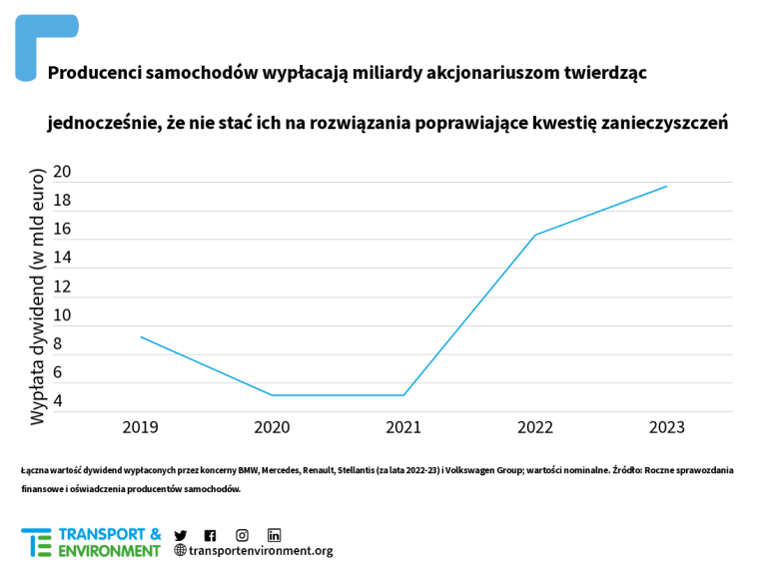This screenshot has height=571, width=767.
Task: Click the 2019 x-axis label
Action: coord(140,427)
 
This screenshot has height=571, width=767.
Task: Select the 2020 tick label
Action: coord(272,427)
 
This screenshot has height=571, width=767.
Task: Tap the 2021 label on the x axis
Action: coord(403,427)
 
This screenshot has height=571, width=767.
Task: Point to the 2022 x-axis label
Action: coord(535,427)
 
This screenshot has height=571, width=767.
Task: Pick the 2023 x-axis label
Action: coord(667,427)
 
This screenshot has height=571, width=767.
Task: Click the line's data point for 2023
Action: coord(667,187)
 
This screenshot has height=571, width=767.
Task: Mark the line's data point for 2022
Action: coord(535,236)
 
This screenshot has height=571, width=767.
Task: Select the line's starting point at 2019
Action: coord(140,336)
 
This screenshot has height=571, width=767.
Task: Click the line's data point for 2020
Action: coord(272,395)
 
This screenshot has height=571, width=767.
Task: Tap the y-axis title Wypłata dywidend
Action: coord(38,296)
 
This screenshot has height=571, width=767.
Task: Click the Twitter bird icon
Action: coord(181,535)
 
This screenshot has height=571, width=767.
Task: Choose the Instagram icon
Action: coord(242,535)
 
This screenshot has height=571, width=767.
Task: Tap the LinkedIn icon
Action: coord(274,535)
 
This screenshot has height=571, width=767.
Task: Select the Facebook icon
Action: coord(210,535)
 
